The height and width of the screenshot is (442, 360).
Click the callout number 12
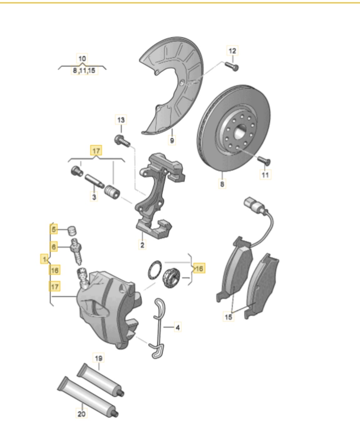pyautogui.click(x=232, y=51)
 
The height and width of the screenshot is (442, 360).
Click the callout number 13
pyautogui.click(x=121, y=120)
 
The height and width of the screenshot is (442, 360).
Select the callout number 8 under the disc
pyautogui.click(x=222, y=184)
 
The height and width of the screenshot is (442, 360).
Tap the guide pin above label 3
pyautogui.click(x=94, y=181)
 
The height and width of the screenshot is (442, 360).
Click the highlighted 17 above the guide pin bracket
pyautogui.click(x=96, y=151)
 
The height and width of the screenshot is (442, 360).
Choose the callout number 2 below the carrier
pyautogui.click(x=142, y=244)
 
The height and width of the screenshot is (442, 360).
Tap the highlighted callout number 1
pyautogui.click(x=44, y=259)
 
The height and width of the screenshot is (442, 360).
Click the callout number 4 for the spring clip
pyautogui.click(x=177, y=328)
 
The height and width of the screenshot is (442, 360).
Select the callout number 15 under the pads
pyautogui.click(x=228, y=317)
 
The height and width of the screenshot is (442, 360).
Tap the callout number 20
pyautogui.click(x=81, y=414)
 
